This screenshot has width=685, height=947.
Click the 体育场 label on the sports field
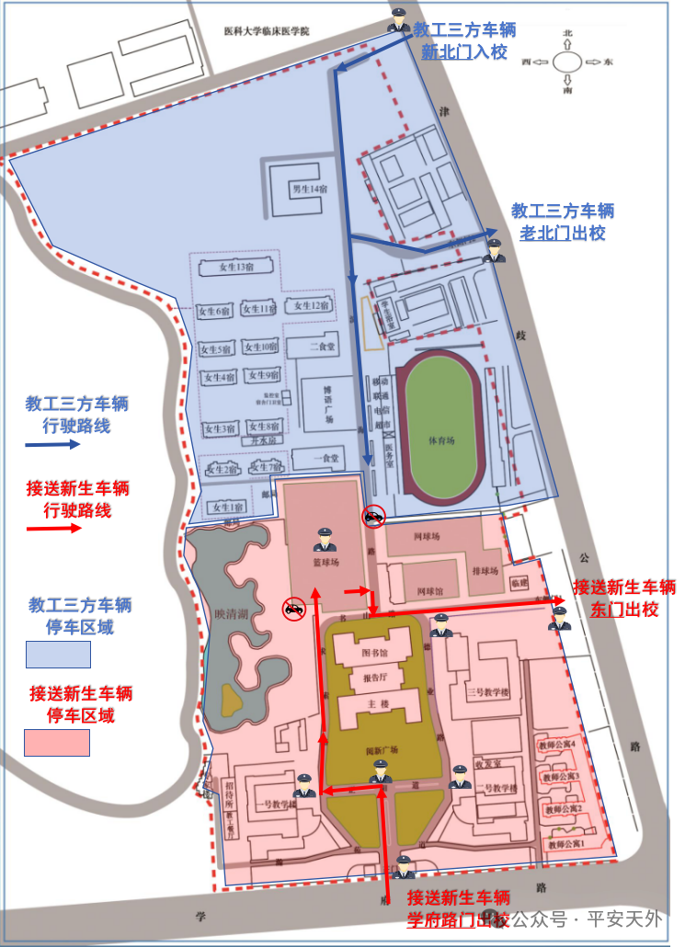coord(441,440)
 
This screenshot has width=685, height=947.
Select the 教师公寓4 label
coord(559,744)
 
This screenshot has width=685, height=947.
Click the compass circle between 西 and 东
coord(568,63)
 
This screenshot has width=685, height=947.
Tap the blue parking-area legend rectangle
coord(58,655)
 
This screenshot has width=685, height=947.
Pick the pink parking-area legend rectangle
coord(58,741)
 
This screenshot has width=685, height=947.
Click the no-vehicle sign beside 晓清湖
coord(293,608)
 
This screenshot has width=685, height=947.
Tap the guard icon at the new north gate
coord(398,19)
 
